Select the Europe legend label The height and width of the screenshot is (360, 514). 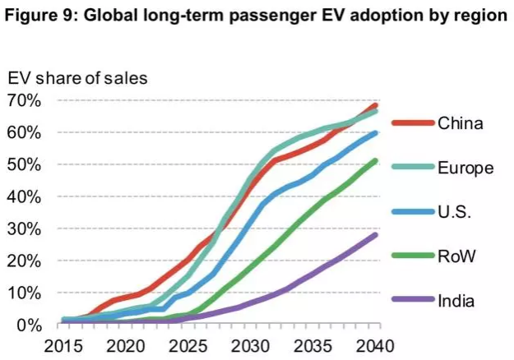pyautogui.click(x=465, y=168)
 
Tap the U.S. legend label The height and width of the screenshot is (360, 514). pyautogui.click(x=454, y=213)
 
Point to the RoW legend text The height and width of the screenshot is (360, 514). pyautogui.click(x=456, y=257)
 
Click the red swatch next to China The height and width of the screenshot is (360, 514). pyautogui.click(x=410, y=125)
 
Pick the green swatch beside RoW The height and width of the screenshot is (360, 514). pyautogui.click(x=410, y=257)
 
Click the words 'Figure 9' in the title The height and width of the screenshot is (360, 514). pyautogui.click(x=47, y=17)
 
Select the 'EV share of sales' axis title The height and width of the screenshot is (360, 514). pyautogui.click(x=77, y=79)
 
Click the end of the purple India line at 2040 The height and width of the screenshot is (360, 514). pyautogui.click(x=376, y=235)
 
